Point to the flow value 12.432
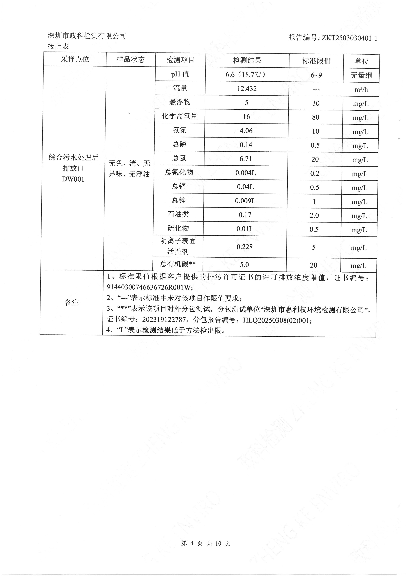[x=247, y=89]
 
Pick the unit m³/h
[x=361, y=89]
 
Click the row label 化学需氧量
[x=180, y=116]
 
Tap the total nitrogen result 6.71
[x=246, y=159]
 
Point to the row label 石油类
[x=178, y=214]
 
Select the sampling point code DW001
[x=73, y=179]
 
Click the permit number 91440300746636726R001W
[x=150, y=287]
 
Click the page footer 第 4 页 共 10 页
[x=206, y=543]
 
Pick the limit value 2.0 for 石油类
[x=314, y=215]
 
